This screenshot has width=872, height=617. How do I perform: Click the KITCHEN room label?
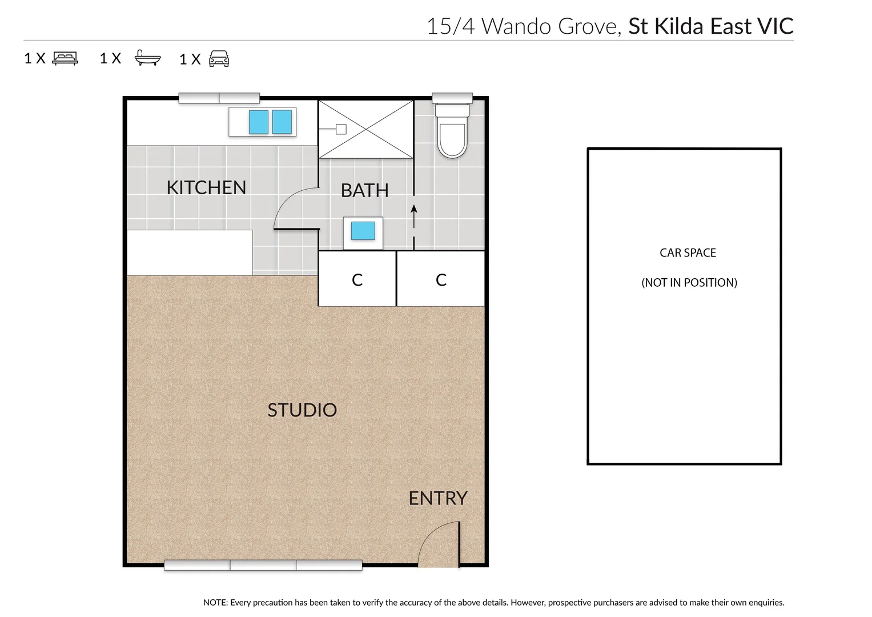point(206,187)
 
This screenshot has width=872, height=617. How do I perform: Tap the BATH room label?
point(364,190)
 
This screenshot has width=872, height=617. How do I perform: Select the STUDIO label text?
point(302,410)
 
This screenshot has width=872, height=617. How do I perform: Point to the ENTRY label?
point(438,498)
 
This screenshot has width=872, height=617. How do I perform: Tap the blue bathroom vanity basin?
point(363,231)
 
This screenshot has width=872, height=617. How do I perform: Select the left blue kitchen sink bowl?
point(259,122)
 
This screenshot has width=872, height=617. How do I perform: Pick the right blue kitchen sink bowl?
point(282,122)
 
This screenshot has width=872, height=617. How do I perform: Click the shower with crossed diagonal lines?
point(366,130)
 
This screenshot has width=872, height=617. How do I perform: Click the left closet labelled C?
point(357,279)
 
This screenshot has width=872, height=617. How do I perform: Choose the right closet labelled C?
point(441,279)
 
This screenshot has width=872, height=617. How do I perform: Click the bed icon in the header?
point(65,58)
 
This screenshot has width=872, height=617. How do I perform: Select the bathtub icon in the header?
point(147,58)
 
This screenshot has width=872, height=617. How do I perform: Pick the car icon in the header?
point(219,59)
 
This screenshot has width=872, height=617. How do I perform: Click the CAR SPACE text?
point(688,253)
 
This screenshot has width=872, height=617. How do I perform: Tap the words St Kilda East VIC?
point(710,26)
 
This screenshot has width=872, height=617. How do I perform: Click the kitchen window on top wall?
point(219,98)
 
